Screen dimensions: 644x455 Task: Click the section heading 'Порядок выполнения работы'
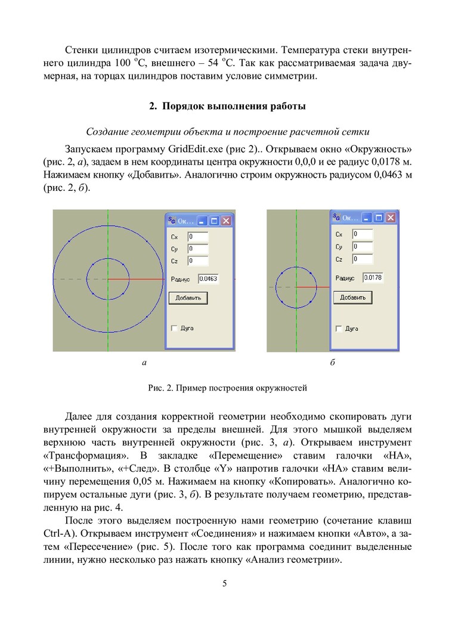tap(227, 107)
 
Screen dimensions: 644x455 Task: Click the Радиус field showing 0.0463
tap(208, 278)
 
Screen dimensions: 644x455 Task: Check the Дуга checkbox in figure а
tap(174, 328)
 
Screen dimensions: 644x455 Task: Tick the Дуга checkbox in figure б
tap(339, 329)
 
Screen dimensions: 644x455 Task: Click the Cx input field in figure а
tap(197, 236)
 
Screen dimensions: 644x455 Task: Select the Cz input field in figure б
tap(362, 259)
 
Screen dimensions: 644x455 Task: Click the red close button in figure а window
tap(226, 221)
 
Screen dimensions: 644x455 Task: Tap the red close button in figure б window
tap(391, 218)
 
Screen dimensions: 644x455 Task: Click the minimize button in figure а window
tap(203, 221)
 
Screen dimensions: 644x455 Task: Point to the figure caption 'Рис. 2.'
tap(227, 388)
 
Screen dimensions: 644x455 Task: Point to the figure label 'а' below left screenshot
tap(144, 362)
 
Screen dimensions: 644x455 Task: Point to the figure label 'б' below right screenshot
tap(332, 362)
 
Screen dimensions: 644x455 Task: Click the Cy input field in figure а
tap(197, 248)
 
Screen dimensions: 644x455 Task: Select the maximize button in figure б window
tap(379, 218)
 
